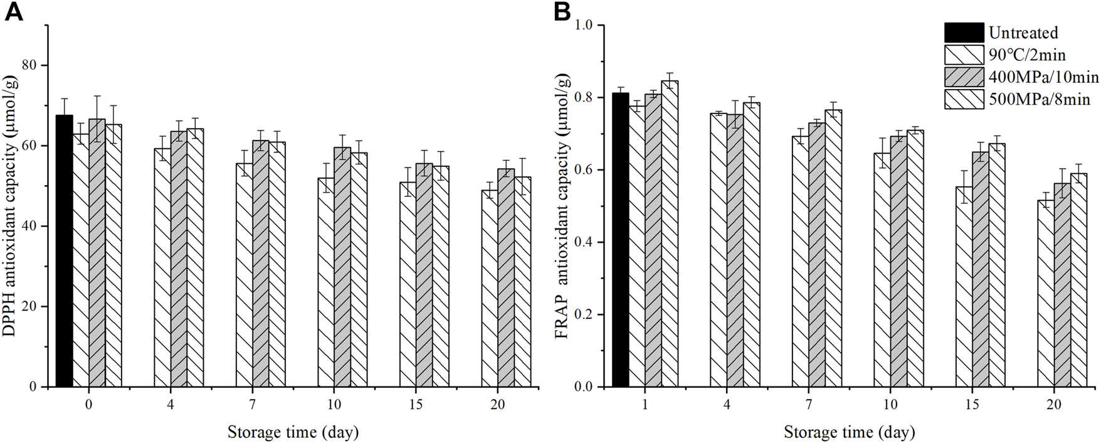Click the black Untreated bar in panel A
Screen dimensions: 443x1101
[x=64, y=251]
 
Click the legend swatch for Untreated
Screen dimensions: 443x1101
[x=964, y=33]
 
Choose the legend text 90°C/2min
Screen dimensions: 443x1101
[x=1026, y=55]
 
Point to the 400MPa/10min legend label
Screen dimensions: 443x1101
[x=1043, y=77]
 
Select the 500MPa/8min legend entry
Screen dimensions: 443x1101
[x=1039, y=99]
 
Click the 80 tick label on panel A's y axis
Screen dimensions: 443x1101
[x=30, y=65]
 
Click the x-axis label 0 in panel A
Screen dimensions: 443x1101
[x=88, y=405]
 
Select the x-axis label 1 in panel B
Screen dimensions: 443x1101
[x=645, y=405]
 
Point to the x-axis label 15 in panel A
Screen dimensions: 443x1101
[x=415, y=405]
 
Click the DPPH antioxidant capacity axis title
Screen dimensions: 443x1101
[x=11, y=207]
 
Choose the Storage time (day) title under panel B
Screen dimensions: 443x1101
[x=849, y=432]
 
